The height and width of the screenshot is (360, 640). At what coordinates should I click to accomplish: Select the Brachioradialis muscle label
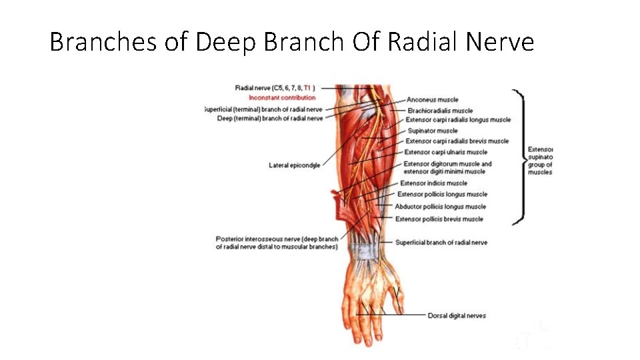pyautogui.click(x=440, y=111)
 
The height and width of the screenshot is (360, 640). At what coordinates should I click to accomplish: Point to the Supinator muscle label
pyautogui.click(x=433, y=131)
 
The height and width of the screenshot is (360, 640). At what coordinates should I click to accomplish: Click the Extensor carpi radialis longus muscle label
pyautogui.click(x=458, y=120)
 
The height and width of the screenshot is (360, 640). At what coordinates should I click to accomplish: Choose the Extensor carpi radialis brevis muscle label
pyautogui.click(x=457, y=141)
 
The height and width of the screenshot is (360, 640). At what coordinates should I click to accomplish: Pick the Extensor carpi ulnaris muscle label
pyautogui.click(x=445, y=152)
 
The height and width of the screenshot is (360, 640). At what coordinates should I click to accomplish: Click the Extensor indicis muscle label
pyautogui.click(x=433, y=183)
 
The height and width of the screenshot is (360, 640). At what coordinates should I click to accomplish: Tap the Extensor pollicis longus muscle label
pyautogui.click(x=442, y=195)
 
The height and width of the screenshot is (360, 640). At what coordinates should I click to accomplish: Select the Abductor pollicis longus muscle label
pyautogui.click(x=440, y=207)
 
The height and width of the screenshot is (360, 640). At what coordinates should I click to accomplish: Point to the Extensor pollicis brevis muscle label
pyautogui.click(x=439, y=219)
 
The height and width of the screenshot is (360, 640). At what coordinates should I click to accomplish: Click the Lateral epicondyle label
pyautogui.click(x=294, y=165)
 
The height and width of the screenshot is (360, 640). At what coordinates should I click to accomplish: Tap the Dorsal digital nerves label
pyautogui.click(x=457, y=316)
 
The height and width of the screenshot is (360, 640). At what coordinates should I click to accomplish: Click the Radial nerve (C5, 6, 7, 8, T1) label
pyautogui.click(x=275, y=87)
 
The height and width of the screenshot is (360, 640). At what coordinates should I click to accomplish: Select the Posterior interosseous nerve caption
pyautogui.click(x=277, y=243)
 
